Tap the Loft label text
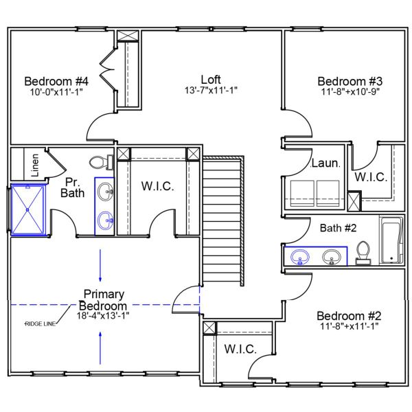(211, 79)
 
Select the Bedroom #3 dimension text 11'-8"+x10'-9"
(350, 91)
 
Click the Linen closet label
(33, 164)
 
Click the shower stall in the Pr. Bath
(28, 209)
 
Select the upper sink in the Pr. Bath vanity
(105, 193)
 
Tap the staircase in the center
(222, 220)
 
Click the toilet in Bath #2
(364, 252)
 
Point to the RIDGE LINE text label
(40, 323)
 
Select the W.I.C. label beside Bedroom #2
(238, 349)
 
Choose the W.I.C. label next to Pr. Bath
(159, 186)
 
